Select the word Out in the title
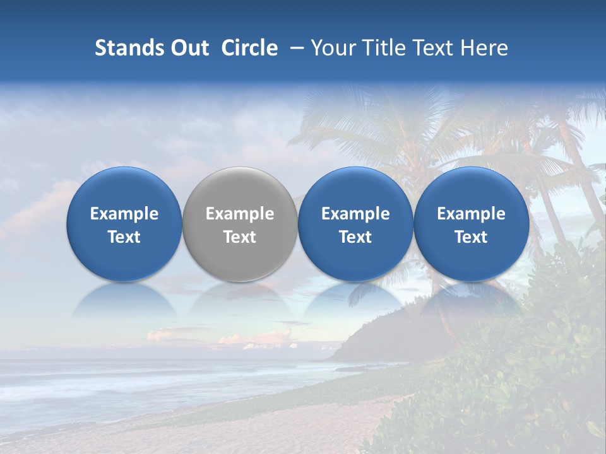(191, 48)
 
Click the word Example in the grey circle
(240, 214)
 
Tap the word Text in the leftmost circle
(124, 237)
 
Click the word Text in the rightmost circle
(471, 237)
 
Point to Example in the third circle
(355, 214)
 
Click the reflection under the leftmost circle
(124, 301)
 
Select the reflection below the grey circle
(240, 301)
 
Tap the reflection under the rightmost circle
(471, 301)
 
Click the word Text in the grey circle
(240, 237)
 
